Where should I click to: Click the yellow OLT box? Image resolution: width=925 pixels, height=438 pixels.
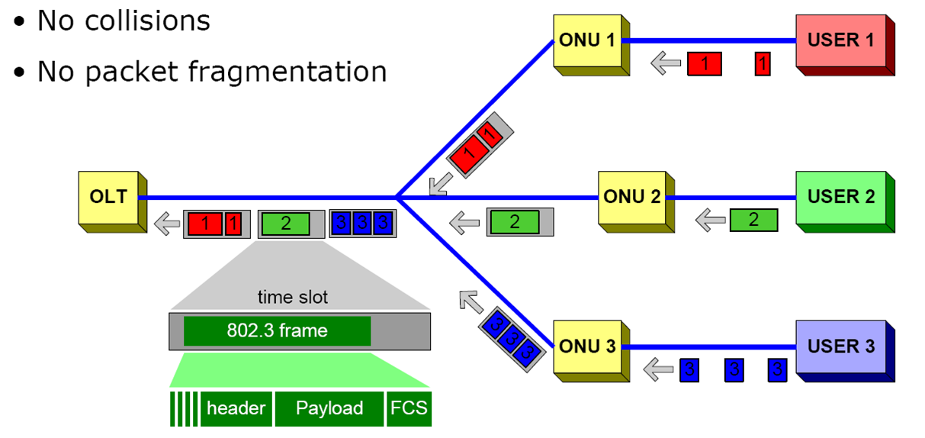[x=108, y=198]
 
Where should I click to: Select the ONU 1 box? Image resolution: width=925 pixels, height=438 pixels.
[x=586, y=40]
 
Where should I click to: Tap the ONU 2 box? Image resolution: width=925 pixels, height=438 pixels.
[x=631, y=198]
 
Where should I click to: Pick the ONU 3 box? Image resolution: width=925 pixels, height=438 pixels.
[x=586, y=346]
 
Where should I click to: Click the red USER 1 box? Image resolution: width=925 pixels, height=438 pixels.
[x=840, y=40]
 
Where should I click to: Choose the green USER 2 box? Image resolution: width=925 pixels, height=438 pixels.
[x=840, y=197]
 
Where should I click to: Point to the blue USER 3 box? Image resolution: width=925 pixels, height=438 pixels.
[x=840, y=346]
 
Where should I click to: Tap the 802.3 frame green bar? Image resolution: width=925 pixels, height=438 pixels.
[x=277, y=331]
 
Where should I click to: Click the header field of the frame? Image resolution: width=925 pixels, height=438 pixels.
[x=236, y=408]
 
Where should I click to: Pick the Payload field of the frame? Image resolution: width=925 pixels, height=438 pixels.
[x=329, y=408]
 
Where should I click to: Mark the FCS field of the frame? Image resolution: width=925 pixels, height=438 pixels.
[x=410, y=408]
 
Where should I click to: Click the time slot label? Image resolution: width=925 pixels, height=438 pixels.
[x=293, y=296]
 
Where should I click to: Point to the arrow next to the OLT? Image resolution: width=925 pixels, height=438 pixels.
[x=165, y=224]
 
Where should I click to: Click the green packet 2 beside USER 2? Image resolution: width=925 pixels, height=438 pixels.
[x=753, y=220]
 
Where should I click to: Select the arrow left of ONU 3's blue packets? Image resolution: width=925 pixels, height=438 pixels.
[x=658, y=370]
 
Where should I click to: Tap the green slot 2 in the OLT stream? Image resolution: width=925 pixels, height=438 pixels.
[x=285, y=224]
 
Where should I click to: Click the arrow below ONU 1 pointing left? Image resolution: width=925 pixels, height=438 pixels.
[x=666, y=63]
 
